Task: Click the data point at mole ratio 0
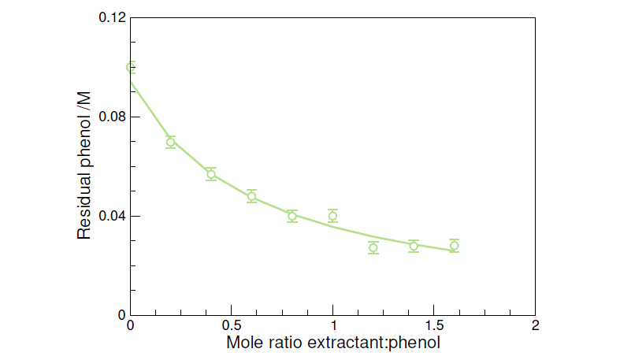tap(131, 68)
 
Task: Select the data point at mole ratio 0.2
tap(171, 143)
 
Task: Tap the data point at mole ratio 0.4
tap(211, 175)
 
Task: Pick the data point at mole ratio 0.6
tap(252, 196)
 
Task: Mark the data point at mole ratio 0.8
tap(292, 216)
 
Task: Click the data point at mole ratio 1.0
tap(332, 216)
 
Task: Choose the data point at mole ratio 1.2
tap(373, 248)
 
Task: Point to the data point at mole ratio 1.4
tap(414, 246)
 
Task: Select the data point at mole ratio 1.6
tap(454, 246)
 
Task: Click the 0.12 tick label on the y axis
tap(112, 17)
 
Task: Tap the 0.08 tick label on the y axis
tap(112, 117)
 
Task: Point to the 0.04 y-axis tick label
tap(112, 216)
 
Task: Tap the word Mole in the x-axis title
tap(245, 343)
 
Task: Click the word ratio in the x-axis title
tap(285, 343)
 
